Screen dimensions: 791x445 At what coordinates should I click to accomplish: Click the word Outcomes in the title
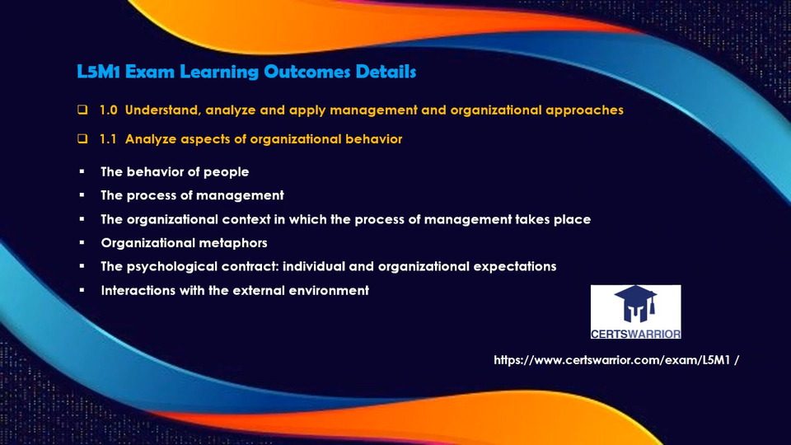pyautogui.click(x=307, y=72)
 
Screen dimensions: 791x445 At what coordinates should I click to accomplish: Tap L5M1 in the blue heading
pyautogui.click(x=98, y=72)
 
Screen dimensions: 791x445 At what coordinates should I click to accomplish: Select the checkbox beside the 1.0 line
pyautogui.click(x=82, y=110)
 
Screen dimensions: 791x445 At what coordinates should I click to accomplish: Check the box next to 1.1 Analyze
pyautogui.click(x=82, y=138)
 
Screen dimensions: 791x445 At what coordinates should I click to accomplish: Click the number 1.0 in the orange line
pyautogui.click(x=108, y=110)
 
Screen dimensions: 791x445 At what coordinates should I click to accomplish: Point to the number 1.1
pyautogui.click(x=107, y=138)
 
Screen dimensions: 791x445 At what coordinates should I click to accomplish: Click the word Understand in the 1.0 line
pyautogui.click(x=163, y=110)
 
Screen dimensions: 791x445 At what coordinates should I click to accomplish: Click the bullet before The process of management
pyautogui.click(x=82, y=195)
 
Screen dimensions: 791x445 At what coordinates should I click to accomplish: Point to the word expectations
pyautogui.click(x=514, y=267)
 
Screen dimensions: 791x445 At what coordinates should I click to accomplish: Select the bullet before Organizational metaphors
pyautogui.click(x=82, y=242)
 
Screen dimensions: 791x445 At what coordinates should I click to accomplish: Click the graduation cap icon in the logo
pyautogui.click(x=635, y=304)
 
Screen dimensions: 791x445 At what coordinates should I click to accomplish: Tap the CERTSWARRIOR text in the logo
pyautogui.click(x=635, y=334)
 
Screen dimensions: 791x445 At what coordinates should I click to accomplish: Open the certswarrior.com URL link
pyautogui.click(x=616, y=360)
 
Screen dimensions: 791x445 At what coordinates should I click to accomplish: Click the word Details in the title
pyautogui.click(x=386, y=72)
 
